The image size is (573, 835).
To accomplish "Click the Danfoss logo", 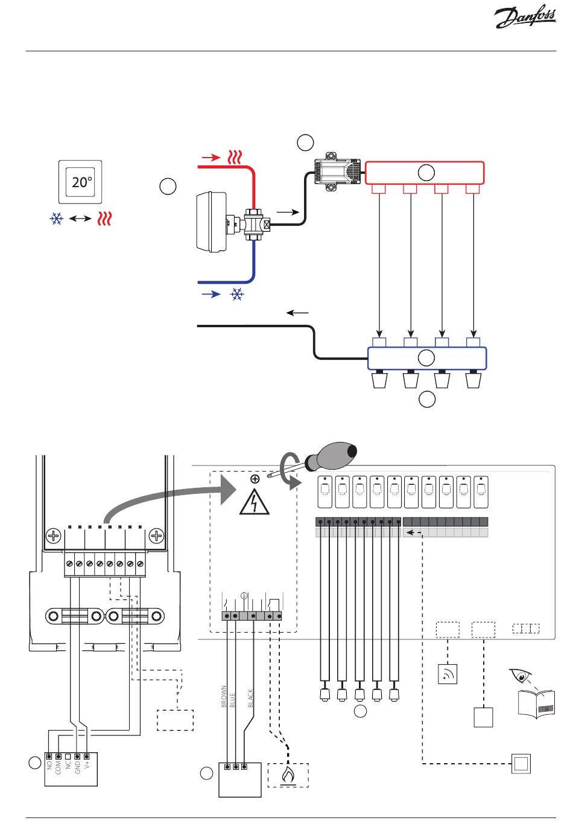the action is [x=525, y=16].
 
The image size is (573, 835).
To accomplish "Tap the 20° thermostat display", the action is [x=80, y=182].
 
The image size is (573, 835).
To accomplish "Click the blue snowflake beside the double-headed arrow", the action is [x=57, y=219].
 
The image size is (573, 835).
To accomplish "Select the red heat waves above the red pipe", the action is [x=235, y=158].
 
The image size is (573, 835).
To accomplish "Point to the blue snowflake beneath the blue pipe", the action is [x=237, y=295].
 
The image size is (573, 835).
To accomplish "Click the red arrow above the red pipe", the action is [x=211, y=158].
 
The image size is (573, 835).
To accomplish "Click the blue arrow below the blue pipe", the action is [x=211, y=295].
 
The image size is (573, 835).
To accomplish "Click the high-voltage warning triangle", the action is [x=255, y=502].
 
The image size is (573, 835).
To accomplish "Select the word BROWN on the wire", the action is [x=224, y=696].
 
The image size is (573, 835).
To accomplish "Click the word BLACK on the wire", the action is [x=250, y=698].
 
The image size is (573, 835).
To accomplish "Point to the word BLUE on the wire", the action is [x=233, y=700].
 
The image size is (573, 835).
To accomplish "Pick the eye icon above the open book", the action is [x=520, y=676].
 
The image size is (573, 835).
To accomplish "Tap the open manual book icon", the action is [x=537, y=704].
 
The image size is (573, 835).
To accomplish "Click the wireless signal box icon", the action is [x=448, y=674].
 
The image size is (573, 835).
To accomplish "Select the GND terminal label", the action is [x=77, y=767].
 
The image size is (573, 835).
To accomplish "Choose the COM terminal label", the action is [x=58, y=767].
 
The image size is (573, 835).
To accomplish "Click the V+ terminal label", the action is [x=87, y=765].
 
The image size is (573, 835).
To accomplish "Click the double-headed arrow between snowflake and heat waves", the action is [x=80, y=219].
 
